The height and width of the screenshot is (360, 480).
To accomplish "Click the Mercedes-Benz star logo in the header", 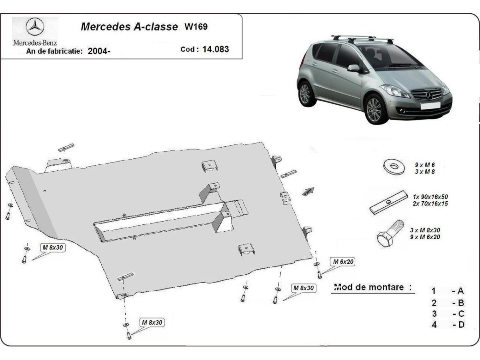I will click(x=35, y=28).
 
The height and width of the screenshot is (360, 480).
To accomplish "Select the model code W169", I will click(x=196, y=27).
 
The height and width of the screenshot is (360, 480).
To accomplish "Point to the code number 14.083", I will click(x=216, y=49).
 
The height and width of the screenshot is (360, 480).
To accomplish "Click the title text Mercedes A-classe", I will click(x=129, y=27).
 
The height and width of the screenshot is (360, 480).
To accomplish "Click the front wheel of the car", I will click(x=374, y=108).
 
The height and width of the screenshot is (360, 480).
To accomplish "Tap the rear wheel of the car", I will click(x=305, y=93).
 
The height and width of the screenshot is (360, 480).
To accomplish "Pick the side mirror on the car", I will click(x=354, y=68).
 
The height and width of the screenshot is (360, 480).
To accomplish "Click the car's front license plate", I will click(x=430, y=106).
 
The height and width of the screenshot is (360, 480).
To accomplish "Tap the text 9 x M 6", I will click(x=424, y=165).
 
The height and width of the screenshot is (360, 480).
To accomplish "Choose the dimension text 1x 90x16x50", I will click(x=430, y=197).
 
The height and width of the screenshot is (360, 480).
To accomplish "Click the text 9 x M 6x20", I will click(x=425, y=237).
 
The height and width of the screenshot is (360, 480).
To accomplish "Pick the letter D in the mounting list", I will click(x=461, y=324).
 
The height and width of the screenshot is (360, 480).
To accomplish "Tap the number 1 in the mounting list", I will click(x=434, y=291).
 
